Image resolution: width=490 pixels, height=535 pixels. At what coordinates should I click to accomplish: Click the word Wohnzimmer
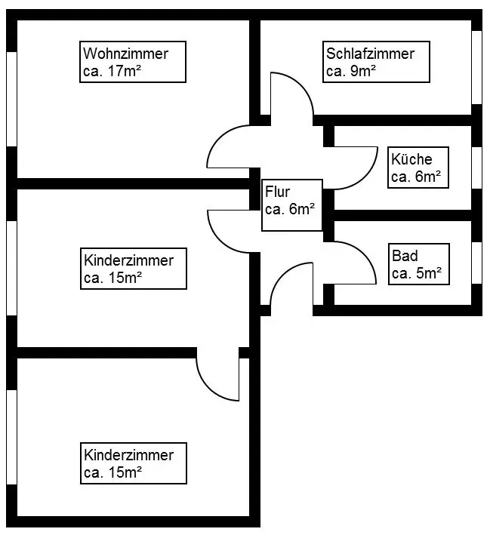(x=126, y=54)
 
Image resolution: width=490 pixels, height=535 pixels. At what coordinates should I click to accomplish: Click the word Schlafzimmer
(x=370, y=54)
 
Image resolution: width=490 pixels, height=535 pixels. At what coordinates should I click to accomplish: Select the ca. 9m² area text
(x=351, y=72)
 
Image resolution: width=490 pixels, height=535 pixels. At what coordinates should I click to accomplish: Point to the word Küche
(x=411, y=159)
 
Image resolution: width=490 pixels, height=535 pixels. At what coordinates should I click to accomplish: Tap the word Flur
(x=277, y=192)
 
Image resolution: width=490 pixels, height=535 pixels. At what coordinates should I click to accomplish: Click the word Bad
(x=405, y=255)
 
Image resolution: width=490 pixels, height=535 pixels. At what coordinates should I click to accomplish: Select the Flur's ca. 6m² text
(x=290, y=210)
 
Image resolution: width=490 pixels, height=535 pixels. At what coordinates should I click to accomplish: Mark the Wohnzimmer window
(x=11, y=98)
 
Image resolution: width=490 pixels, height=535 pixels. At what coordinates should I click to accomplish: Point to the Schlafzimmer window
(x=476, y=67)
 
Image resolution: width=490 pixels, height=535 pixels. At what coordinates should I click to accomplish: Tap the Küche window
(x=476, y=167)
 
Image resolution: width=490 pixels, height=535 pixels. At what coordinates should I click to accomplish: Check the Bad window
(x=476, y=263)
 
